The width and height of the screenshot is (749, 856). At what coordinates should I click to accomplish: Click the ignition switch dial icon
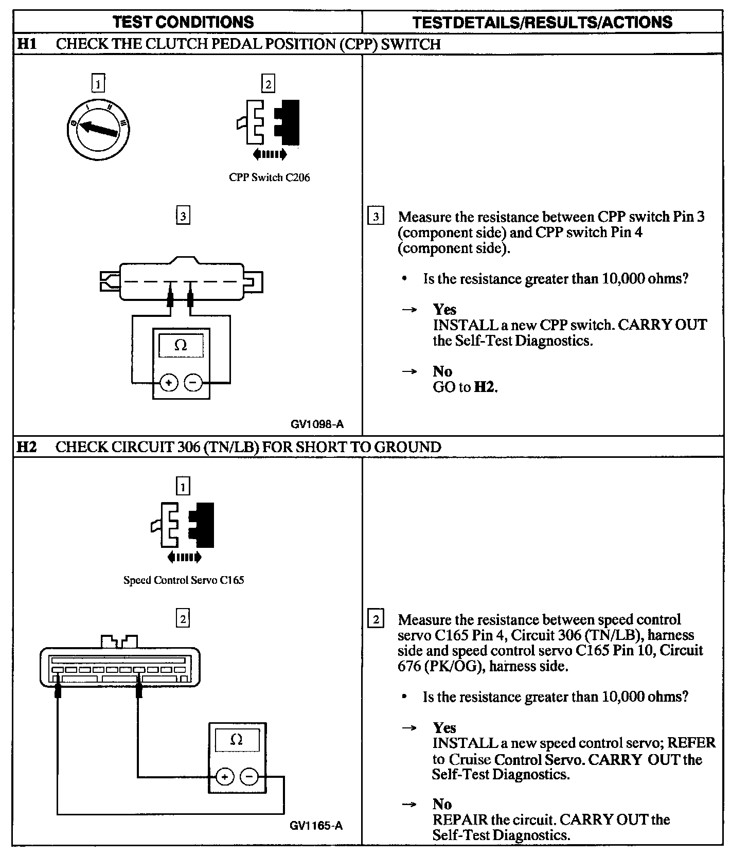pos(98,129)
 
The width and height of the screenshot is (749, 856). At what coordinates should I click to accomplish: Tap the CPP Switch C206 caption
pos(269,177)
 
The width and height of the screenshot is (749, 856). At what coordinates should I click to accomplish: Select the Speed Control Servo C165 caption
pos(183,580)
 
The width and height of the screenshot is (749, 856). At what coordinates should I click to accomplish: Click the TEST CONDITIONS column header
pos(183,22)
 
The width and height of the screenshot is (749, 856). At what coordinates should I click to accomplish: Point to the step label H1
pos(27,44)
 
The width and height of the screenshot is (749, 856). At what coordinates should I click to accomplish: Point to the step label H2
pos(27,447)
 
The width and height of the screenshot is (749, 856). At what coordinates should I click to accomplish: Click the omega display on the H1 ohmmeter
pos(181,345)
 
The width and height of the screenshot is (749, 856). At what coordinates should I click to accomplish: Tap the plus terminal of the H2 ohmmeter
pos(224,777)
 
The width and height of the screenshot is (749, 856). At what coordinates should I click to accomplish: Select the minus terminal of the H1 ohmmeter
pos(193,383)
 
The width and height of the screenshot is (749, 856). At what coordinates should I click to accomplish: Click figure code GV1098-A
pos(317,424)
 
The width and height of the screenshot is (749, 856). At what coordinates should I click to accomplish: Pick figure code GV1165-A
pos(316,826)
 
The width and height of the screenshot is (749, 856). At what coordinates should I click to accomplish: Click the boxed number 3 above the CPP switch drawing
pos(183,215)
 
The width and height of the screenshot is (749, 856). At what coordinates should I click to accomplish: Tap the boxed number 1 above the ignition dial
pos(98,83)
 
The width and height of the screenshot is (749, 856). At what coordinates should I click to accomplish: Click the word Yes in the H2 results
pos(444,727)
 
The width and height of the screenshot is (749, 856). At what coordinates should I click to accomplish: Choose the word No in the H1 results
pos(442,371)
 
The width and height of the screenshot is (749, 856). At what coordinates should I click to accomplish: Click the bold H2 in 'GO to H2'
pos(484,387)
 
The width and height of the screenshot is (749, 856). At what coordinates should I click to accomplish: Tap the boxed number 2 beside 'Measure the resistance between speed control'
pos(376,619)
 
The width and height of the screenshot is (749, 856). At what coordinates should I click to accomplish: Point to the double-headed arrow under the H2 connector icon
pos(184,557)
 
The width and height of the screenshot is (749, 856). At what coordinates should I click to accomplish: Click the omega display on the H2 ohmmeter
pos(237,740)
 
